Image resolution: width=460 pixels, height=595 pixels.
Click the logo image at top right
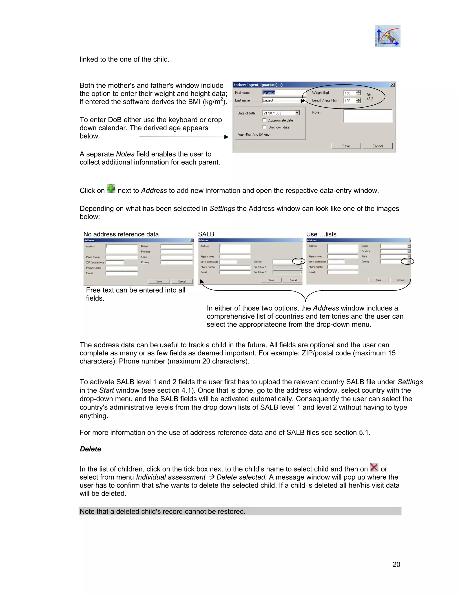(387, 36)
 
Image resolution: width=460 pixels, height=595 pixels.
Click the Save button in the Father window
(346, 146)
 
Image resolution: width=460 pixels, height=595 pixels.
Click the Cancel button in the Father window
(377, 146)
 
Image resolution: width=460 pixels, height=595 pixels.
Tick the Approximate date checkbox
(264, 120)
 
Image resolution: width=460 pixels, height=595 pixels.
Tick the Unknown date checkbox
(264, 127)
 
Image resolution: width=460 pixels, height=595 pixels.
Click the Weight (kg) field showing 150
(350, 93)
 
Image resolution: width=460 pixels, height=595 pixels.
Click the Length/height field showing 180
(350, 101)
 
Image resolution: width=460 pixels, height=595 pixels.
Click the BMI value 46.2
(370, 99)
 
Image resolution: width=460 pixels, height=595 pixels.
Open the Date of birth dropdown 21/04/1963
(297, 113)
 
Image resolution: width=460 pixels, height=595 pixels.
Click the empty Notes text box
(368, 116)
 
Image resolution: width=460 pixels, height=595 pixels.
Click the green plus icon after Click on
(111, 189)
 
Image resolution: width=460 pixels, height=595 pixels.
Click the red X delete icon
(374, 467)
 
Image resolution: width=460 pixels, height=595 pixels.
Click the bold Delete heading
(90, 449)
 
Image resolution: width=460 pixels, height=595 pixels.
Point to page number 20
(396, 564)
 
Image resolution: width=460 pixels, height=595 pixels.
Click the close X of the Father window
(392, 85)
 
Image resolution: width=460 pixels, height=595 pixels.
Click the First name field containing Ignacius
(283, 93)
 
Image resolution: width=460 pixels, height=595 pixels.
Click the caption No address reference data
(121, 234)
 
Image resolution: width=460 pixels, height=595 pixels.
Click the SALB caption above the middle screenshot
(206, 234)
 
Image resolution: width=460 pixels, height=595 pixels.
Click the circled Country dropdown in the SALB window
(301, 262)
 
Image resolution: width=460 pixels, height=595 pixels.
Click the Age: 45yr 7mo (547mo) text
(254, 134)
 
